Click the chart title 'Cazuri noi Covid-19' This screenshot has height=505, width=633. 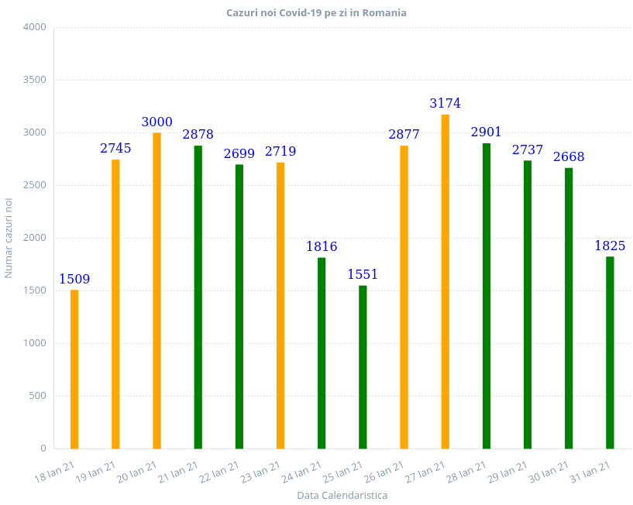click(x=316, y=13)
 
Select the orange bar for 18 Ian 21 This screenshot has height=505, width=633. click(x=74, y=369)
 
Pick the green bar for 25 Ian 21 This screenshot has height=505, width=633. click(x=363, y=366)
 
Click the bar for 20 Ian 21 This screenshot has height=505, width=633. click(x=157, y=290)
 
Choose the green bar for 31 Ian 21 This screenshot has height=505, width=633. click(x=610, y=352)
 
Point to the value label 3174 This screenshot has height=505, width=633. click(x=446, y=104)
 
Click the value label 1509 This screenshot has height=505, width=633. click(x=75, y=279)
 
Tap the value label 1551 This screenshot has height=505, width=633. click(x=363, y=275)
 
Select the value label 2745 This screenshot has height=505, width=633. click(x=115, y=149)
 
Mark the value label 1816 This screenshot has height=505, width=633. click(x=322, y=247)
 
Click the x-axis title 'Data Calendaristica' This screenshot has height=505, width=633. click(x=342, y=495)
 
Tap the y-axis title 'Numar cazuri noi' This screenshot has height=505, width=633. click(x=9, y=238)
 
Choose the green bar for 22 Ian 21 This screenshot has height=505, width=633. click(x=239, y=306)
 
